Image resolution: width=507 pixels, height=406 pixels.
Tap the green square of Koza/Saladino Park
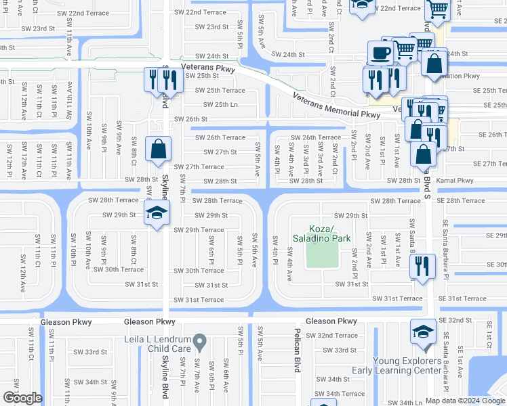coord(321,253)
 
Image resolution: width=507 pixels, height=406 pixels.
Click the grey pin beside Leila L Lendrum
coord(199,340)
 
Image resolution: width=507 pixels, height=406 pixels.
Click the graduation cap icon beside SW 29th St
coord(157,215)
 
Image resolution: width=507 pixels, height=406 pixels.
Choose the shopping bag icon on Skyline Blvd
coord(158,148)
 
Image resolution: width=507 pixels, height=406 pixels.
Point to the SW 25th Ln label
coord(220,105)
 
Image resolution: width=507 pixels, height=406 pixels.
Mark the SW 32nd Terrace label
coord(331,336)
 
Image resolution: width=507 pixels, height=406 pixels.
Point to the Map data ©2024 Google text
coord(464,401)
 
